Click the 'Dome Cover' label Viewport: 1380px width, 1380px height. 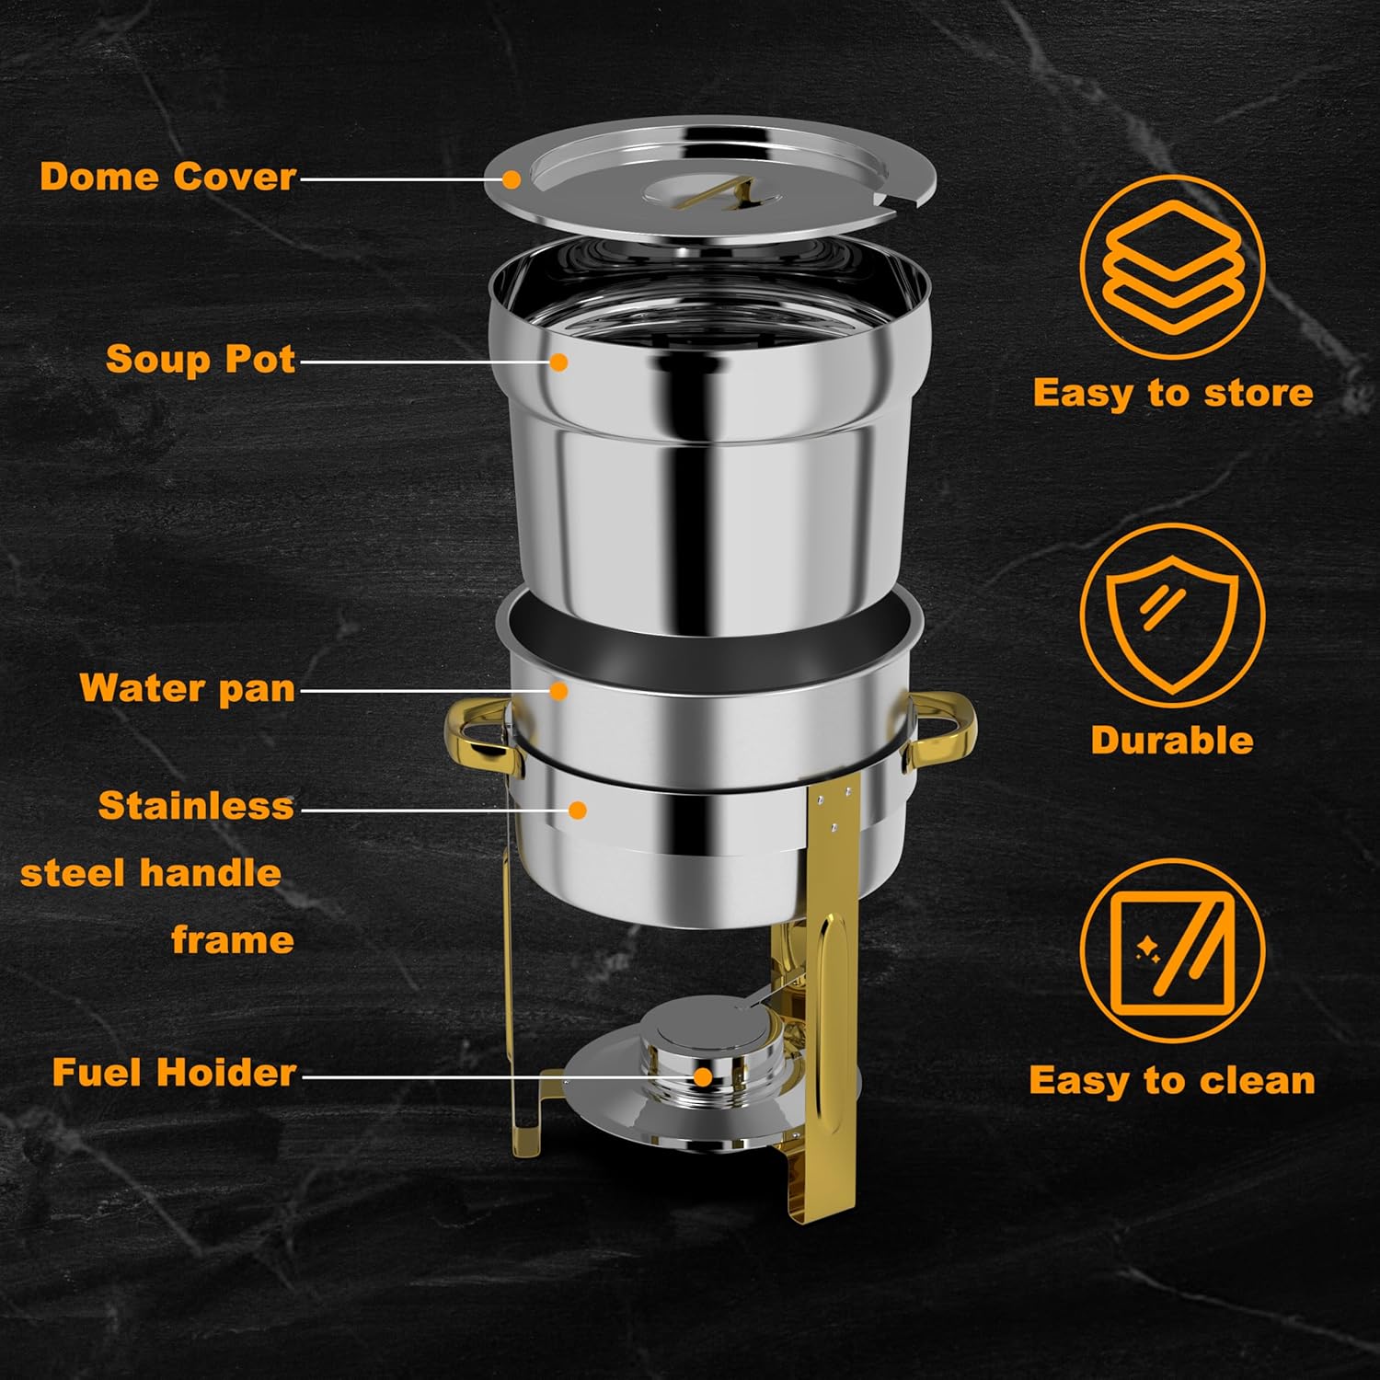pos(167,176)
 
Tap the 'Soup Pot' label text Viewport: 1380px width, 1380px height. pos(200,359)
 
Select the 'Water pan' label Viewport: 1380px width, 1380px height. pos(188,688)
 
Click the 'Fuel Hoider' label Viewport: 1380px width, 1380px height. pos(174,1073)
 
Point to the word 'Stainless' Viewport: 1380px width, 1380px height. pos(196,806)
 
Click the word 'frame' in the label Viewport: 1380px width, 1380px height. pos(233,940)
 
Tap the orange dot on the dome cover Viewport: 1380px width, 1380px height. pos(511,179)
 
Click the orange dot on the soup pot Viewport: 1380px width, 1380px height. pos(558,362)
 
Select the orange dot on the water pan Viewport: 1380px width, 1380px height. pos(558,690)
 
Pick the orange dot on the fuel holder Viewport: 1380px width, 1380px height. pos(703,1076)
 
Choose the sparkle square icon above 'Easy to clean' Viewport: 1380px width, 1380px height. pos(1172,950)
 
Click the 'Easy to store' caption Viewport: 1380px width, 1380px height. pos(1172,393)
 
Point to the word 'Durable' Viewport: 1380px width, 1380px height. pos(1172,741)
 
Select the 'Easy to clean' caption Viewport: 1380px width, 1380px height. pos(1172,1080)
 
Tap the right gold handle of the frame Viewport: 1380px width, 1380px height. pos(943,731)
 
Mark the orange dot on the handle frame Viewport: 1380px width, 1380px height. pos(578,811)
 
